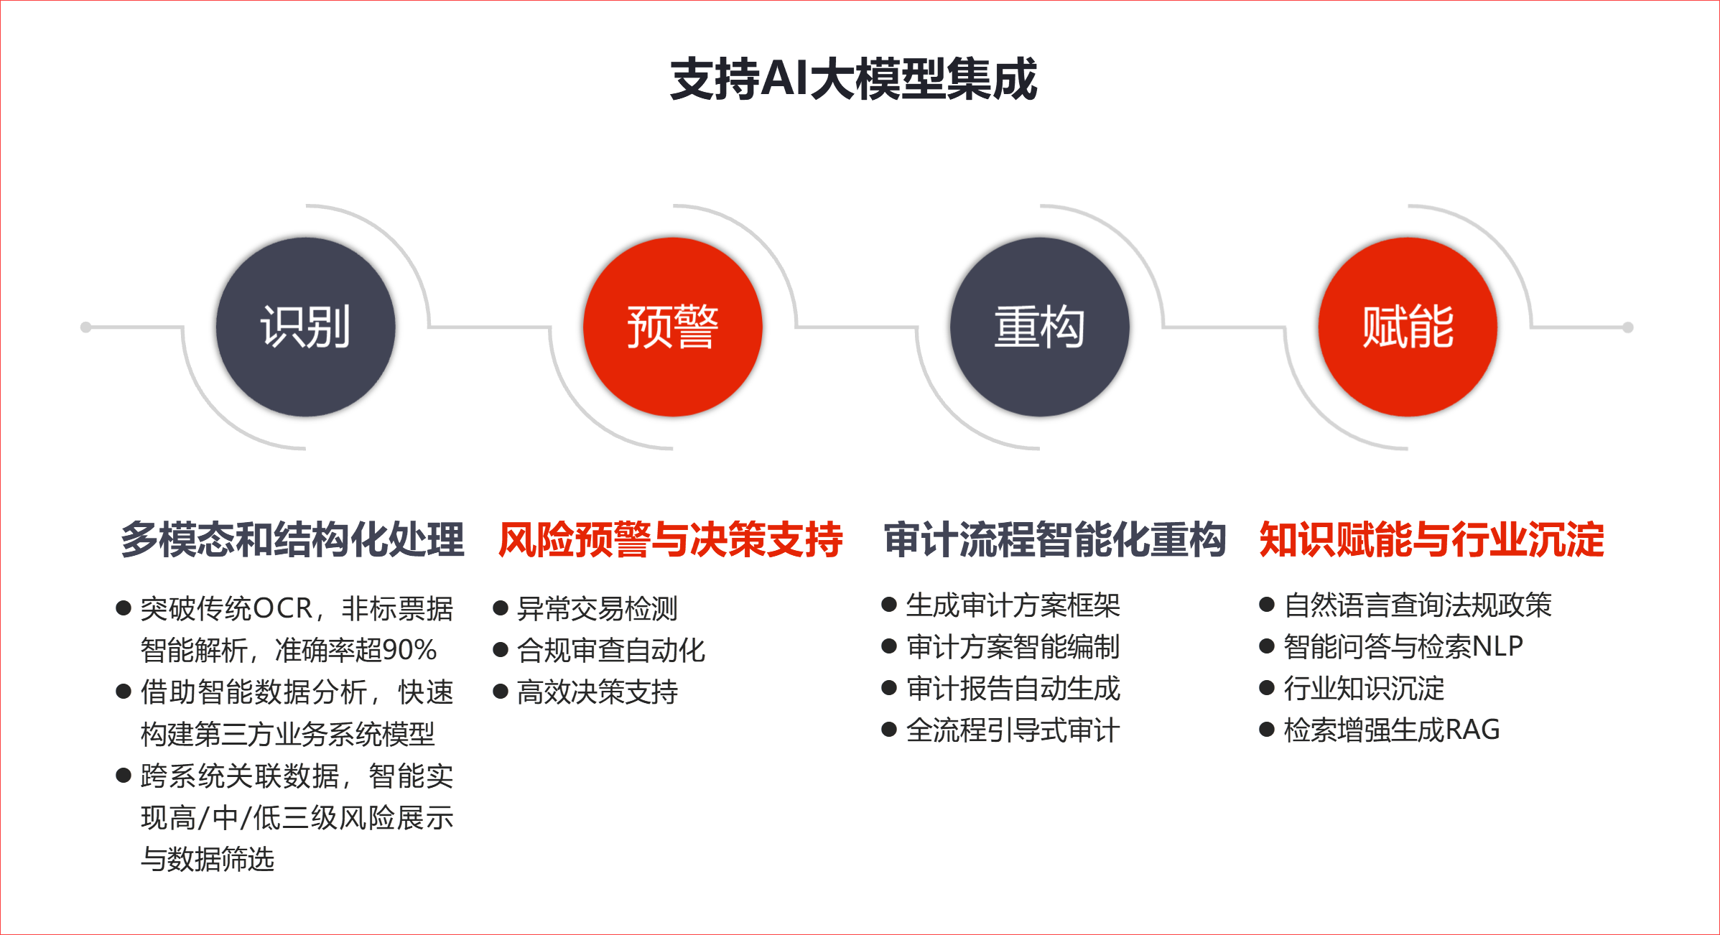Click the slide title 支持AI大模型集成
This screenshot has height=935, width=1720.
(x=853, y=79)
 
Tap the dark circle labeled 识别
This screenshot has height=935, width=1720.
(x=306, y=327)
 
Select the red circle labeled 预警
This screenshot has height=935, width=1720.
(x=673, y=327)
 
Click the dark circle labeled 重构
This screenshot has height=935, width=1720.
(x=1040, y=327)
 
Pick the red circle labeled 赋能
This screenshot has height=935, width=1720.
(x=1408, y=327)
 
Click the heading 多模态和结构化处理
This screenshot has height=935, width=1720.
(x=292, y=539)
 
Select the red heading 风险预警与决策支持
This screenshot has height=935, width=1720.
(x=671, y=539)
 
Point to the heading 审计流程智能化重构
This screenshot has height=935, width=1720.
(x=1055, y=539)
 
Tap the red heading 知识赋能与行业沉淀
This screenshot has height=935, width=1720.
(x=1432, y=539)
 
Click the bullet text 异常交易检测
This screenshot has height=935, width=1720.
(x=598, y=608)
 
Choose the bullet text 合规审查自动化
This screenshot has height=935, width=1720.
(x=611, y=650)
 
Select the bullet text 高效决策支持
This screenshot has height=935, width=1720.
(x=598, y=692)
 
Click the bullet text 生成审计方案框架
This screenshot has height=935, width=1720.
(x=1013, y=605)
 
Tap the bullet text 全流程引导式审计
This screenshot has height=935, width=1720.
(x=1013, y=730)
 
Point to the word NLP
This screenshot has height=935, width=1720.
(x=1497, y=646)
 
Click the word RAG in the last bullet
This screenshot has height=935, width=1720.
(x=1472, y=730)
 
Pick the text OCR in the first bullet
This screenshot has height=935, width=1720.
(x=283, y=608)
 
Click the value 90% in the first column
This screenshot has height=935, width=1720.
(x=409, y=650)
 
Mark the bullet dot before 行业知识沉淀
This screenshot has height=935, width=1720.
(x=1267, y=688)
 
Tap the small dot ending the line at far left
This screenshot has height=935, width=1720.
(x=86, y=327)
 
